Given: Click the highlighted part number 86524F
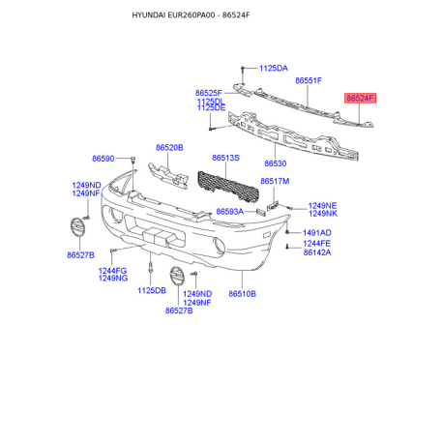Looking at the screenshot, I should [360, 98].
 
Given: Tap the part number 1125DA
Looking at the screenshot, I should [272, 69].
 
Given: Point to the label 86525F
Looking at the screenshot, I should [210, 92].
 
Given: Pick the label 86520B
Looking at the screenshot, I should [168, 148].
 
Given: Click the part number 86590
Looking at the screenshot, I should [103, 158].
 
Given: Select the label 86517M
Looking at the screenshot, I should [275, 181].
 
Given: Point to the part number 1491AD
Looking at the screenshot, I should [316, 233].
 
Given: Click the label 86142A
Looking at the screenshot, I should [316, 252].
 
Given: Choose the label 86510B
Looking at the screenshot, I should [242, 293].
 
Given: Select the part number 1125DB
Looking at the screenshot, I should [152, 290].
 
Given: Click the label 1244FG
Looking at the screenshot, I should [112, 271].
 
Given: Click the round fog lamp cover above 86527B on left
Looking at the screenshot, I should [76, 230].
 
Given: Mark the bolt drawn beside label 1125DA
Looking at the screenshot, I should [239, 69].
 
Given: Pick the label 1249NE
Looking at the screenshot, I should [322, 205].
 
